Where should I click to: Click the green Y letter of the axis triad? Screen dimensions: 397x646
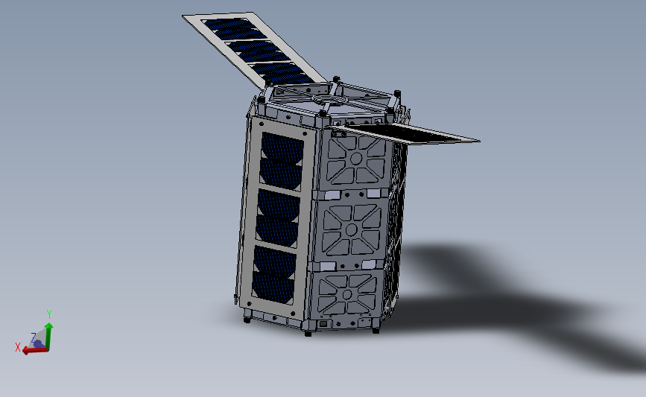pos(49,314)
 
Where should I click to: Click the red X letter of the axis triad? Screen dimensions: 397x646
pos(18,347)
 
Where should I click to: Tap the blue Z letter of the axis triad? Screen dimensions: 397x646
pos(33,337)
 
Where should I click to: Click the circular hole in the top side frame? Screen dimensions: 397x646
pos(355,159)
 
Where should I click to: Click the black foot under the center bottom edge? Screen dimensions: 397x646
pos(307,332)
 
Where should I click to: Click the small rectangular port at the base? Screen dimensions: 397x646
pos(323,323)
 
